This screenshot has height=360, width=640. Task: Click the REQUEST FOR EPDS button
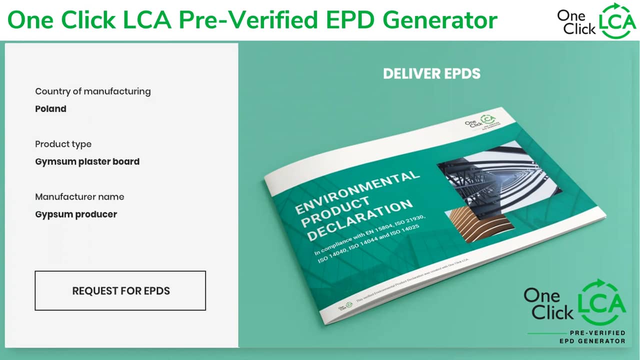tap(120, 290)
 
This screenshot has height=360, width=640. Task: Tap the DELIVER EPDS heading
tap(431, 74)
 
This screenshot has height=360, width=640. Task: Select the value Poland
tap(50, 109)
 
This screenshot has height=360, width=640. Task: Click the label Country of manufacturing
tap(92, 91)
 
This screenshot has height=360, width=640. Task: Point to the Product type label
tap(63, 144)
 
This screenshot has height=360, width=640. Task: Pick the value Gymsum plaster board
tap(87, 162)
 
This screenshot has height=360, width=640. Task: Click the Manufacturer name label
tap(79, 197)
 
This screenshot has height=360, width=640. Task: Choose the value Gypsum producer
tap(76, 214)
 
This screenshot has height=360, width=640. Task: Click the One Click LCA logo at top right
tap(595, 21)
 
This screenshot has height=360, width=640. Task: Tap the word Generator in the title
tap(440, 20)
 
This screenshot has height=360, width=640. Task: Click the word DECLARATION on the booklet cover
tap(360, 220)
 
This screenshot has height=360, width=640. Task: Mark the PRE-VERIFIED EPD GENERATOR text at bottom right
tap(592, 337)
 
